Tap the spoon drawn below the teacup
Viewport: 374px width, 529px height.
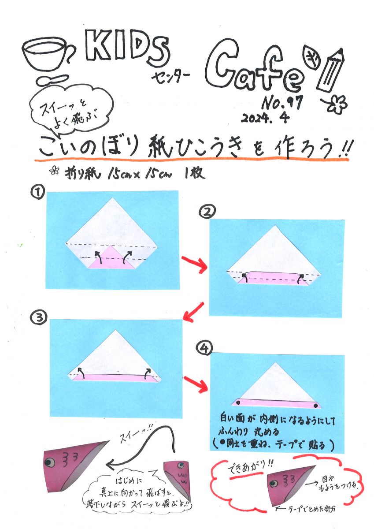[x=52, y=80]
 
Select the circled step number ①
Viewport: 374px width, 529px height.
[x=37, y=192]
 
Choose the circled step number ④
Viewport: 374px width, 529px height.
[x=204, y=348]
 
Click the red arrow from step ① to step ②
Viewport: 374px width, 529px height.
[x=194, y=264]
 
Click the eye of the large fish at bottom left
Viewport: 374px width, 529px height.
[x=49, y=462]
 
